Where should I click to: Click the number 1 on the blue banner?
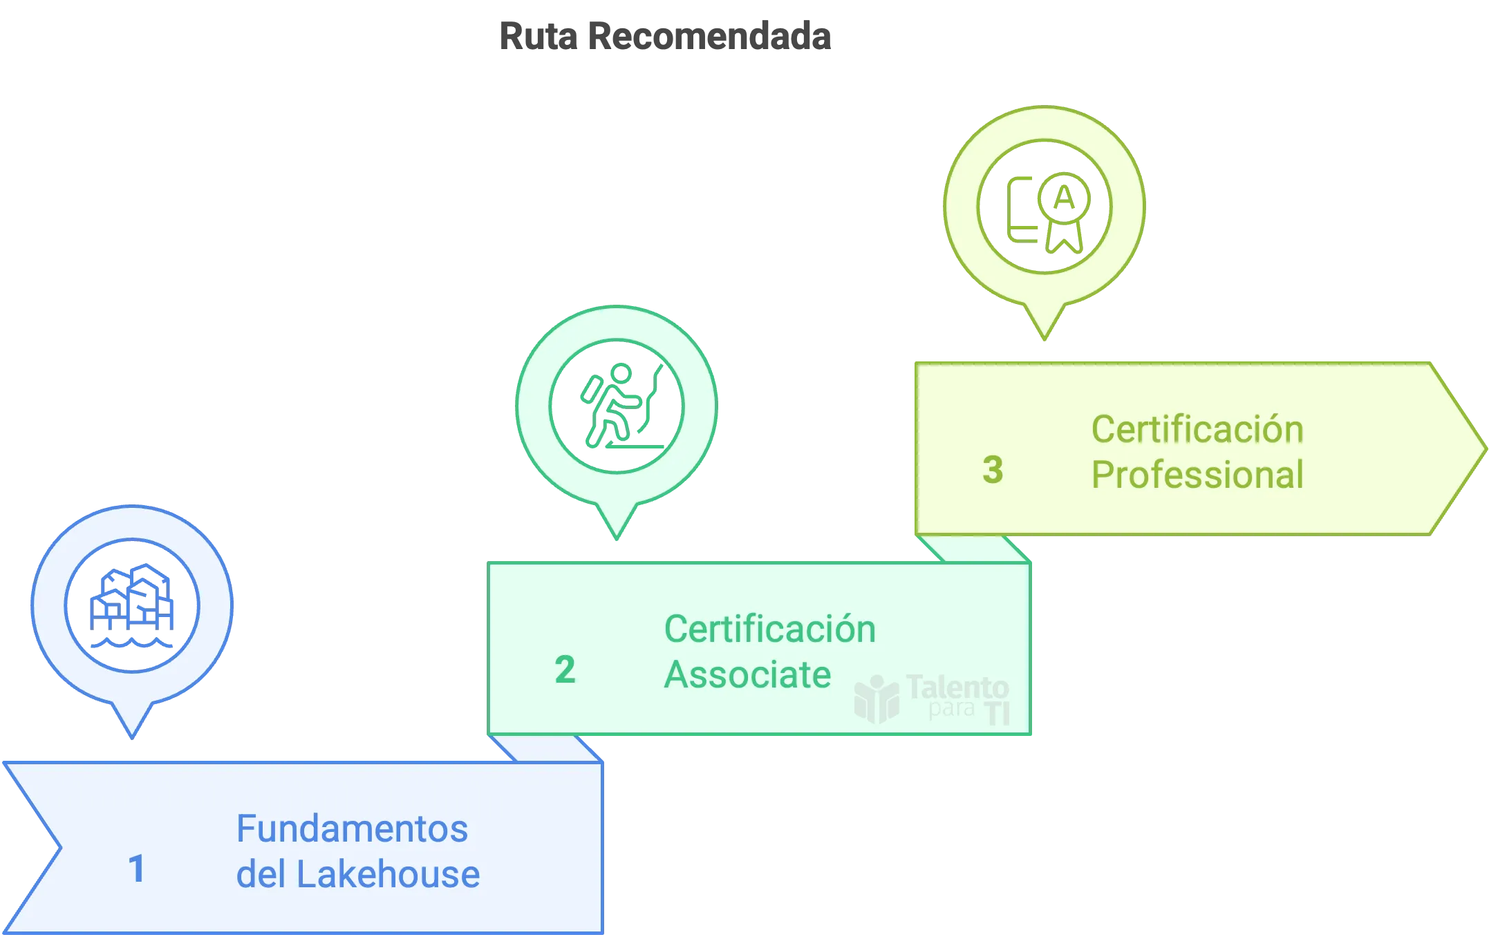[x=137, y=869]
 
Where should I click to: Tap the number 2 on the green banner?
[x=565, y=670]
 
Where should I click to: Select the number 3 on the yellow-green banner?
[x=993, y=470]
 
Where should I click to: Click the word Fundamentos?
[x=352, y=829]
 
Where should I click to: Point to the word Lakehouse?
[x=388, y=874]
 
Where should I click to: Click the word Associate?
[x=747, y=674]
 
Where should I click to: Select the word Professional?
[x=1197, y=475]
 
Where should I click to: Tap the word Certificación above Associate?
[x=769, y=629]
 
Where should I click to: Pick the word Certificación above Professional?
[x=1197, y=429]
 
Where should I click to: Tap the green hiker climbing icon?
[x=617, y=406]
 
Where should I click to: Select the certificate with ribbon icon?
[x=1045, y=207]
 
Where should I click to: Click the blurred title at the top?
[x=666, y=35]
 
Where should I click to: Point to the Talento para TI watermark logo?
[x=932, y=699]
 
